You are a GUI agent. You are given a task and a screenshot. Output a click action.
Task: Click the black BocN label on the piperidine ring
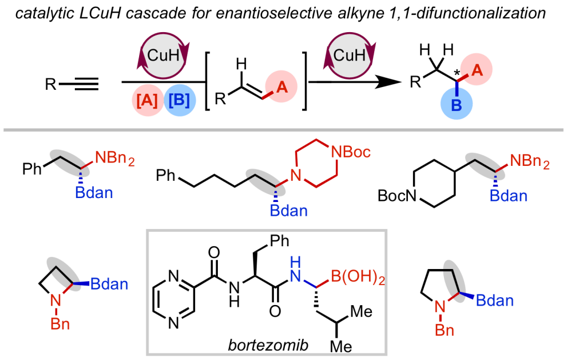point(397,195)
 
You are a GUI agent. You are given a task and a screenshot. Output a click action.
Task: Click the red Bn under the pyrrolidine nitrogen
point(443,331)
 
